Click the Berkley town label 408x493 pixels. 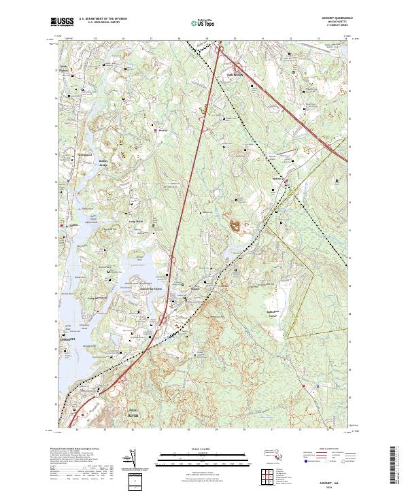tap(163, 130)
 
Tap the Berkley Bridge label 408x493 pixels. tap(99, 165)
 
